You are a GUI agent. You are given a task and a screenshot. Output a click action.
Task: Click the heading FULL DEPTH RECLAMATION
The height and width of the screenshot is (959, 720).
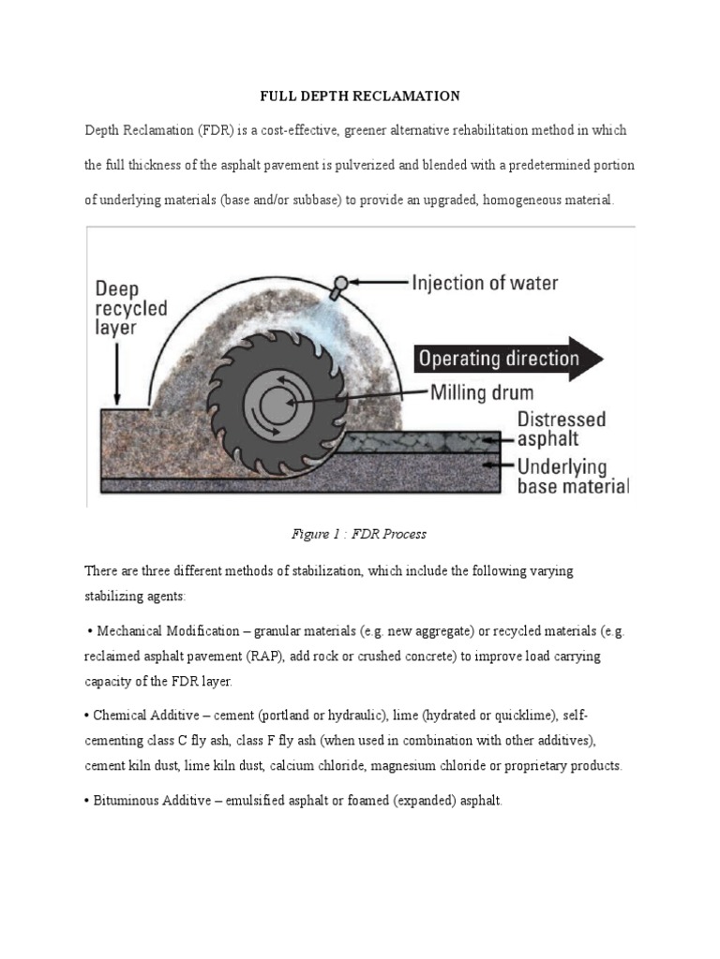360,96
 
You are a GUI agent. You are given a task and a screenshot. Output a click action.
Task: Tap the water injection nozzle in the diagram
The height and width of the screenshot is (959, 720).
340,283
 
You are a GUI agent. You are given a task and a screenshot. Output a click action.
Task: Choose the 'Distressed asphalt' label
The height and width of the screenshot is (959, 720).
562,428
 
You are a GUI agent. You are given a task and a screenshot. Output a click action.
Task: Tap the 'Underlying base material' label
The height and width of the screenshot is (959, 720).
572,476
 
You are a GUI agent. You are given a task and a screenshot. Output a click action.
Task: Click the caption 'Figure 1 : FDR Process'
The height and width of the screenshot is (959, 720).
360,534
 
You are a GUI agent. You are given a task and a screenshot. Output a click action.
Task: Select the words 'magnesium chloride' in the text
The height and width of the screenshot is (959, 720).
430,766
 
